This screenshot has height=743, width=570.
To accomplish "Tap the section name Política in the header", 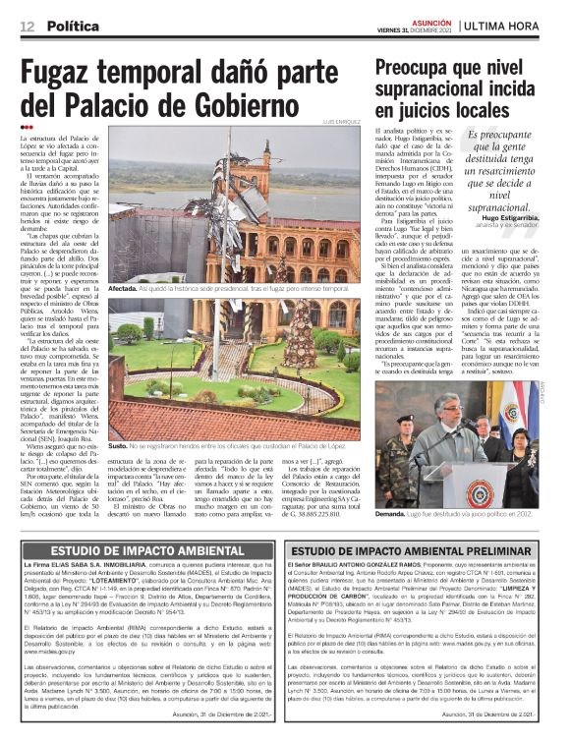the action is click(74, 24).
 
